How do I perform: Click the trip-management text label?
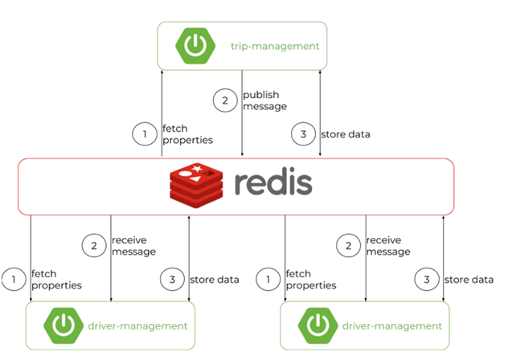pyautogui.click(x=275, y=47)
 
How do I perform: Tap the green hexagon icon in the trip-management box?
pyautogui.click(x=195, y=46)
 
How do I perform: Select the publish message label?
pyautogui.click(x=264, y=100)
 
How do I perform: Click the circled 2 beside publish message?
pyautogui.click(x=225, y=100)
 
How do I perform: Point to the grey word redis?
pyautogui.click(x=273, y=181)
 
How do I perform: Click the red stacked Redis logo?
pyautogui.click(x=196, y=185)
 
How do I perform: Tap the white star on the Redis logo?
pyautogui.click(x=197, y=169)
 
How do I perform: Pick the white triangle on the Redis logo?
pyautogui.click(x=195, y=179)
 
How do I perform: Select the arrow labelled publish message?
pyautogui.click(x=242, y=113)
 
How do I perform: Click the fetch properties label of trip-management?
pyautogui.click(x=187, y=134)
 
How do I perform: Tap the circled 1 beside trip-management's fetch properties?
pyautogui.click(x=145, y=134)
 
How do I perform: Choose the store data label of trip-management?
pyautogui.click(x=346, y=134)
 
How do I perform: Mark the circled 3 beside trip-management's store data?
pyautogui.click(x=303, y=134)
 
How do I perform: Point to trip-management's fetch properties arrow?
pyautogui.click(x=162, y=113)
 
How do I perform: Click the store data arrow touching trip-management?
pyautogui.click(x=320, y=113)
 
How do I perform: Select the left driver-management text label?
pyautogui.click(x=137, y=326)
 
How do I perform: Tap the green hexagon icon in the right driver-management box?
pyautogui.click(x=317, y=325)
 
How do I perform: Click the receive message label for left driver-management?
pyautogui.click(x=133, y=246)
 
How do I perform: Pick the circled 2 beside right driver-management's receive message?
pyautogui.click(x=348, y=245)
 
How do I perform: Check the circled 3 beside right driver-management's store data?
pyautogui.click(x=427, y=280)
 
